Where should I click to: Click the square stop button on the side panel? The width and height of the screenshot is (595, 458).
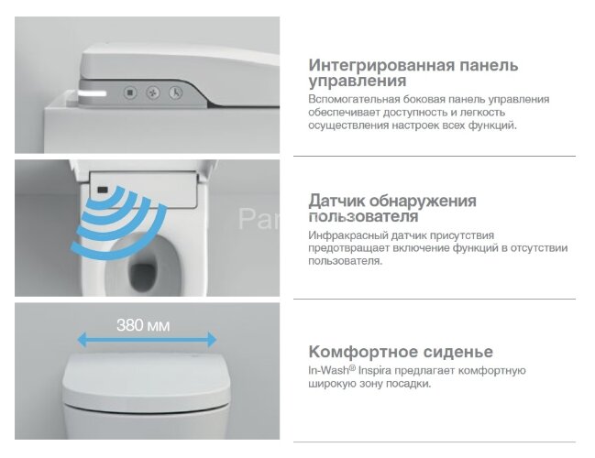[x=130, y=93]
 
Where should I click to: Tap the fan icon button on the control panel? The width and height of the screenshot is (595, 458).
[x=152, y=93]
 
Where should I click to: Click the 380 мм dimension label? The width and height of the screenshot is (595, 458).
[x=143, y=324]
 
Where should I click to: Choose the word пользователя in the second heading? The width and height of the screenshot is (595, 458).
[x=364, y=217]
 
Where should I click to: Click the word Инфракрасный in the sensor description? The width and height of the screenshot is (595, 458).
[x=346, y=235]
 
